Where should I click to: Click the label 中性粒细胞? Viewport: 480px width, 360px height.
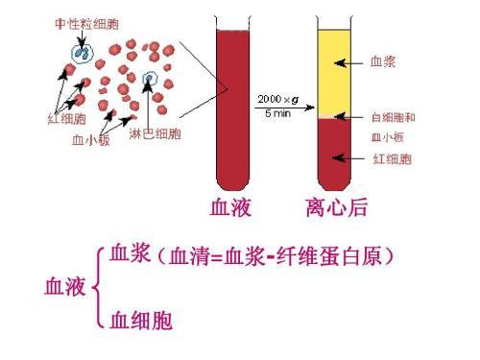[81, 23]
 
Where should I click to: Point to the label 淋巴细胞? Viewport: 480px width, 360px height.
[154, 132]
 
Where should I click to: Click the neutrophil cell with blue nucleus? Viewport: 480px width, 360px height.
[80, 53]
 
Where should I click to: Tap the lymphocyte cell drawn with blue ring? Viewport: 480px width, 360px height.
[149, 81]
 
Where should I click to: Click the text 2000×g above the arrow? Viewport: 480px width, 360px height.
[276, 99]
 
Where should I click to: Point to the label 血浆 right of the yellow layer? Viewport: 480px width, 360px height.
[384, 60]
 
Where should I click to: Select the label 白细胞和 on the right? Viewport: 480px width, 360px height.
[393, 118]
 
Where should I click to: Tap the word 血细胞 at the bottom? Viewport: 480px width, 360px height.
[141, 320]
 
